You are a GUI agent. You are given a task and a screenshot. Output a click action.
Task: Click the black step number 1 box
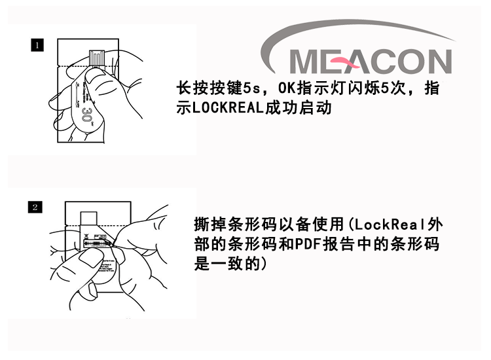coord(37,45)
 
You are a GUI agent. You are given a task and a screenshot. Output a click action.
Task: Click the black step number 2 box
coord(35,207)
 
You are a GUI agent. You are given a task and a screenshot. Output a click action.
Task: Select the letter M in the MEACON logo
coord(305,62)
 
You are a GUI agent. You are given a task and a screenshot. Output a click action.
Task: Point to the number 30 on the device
coord(86,115)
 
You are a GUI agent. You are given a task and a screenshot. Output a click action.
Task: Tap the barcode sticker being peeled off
coord(97,243)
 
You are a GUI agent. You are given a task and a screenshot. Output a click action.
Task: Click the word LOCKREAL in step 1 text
coord(227,108)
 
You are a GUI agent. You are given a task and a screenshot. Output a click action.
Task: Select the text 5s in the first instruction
coord(251,88)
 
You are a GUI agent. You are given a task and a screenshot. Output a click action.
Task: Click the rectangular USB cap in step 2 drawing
coord(88,218)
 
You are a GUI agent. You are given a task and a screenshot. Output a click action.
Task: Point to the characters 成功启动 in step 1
coord(298,108)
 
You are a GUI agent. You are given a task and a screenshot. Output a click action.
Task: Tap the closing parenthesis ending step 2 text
coord(264,264)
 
